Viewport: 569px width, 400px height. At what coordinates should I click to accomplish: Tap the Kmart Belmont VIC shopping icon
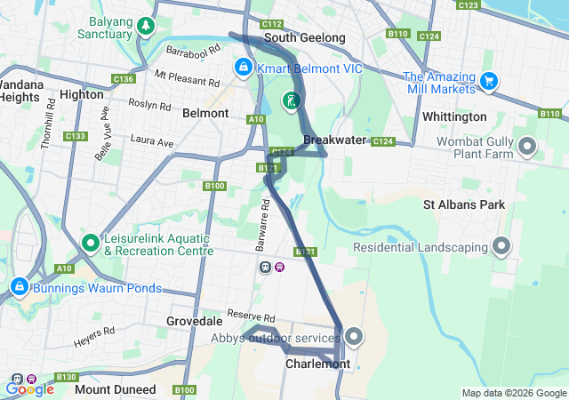point(243,68)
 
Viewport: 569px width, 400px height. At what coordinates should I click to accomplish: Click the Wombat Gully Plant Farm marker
point(527,146)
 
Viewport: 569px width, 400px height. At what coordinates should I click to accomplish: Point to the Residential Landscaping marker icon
point(502,245)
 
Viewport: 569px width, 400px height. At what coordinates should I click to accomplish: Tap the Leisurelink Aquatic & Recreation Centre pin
point(90,242)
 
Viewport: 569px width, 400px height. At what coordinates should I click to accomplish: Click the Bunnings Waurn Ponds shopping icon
point(19,287)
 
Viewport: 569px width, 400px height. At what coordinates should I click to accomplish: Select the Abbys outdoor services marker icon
point(354,336)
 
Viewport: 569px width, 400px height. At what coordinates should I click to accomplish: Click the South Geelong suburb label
point(304,38)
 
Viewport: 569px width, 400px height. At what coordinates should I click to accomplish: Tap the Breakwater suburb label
point(334,140)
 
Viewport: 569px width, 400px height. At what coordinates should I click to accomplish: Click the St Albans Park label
point(463,205)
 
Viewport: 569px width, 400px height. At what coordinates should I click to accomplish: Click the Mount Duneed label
point(113,389)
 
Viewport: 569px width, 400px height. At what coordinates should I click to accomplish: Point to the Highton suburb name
point(82,94)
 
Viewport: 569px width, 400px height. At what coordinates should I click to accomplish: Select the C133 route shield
point(76,136)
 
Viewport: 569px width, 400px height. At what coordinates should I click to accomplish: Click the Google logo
point(29,388)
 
